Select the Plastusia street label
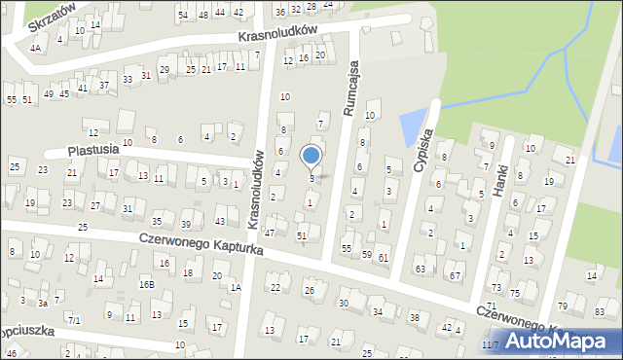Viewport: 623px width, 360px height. click(93, 151)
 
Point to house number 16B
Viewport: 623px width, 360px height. click(146, 284)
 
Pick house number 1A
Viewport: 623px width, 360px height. click(235, 286)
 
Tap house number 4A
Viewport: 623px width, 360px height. click(35, 47)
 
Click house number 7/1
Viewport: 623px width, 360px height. click(73, 319)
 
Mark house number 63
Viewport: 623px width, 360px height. click(420, 268)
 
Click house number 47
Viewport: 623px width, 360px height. click(270, 234)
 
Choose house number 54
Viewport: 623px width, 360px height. click(183, 15)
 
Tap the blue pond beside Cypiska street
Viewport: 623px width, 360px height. click(414, 126)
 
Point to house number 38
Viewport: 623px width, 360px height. click(415, 317)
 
